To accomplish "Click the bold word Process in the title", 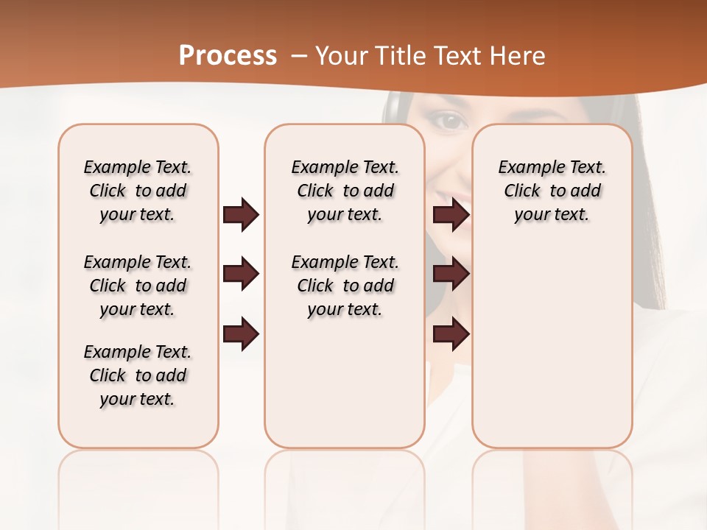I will [x=228, y=56].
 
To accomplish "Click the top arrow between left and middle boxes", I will [x=241, y=215].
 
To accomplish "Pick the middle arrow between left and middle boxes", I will [x=241, y=275].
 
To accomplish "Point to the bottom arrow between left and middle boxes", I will [x=241, y=334].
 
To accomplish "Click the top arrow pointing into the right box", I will [x=451, y=215].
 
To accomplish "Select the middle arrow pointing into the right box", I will [x=451, y=275].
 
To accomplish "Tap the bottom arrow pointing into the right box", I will [x=451, y=334].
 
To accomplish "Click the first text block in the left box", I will [x=138, y=191].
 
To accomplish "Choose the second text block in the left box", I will [x=138, y=286].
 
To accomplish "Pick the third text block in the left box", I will [x=138, y=375].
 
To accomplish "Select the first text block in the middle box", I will [x=345, y=191].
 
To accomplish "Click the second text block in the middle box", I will [x=345, y=286].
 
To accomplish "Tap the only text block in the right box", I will [x=552, y=191].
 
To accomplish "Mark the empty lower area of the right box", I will [x=552, y=346].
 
